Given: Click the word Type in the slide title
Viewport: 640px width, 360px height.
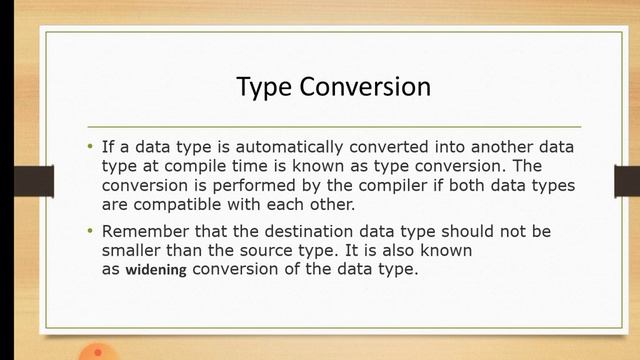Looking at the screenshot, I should [x=261, y=87].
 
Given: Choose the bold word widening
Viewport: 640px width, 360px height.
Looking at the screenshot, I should [x=155, y=270].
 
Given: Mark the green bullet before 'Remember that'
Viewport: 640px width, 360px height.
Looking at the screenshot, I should [x=89, y=231].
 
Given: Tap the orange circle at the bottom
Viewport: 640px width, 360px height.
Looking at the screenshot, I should [x=96, y=353].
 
